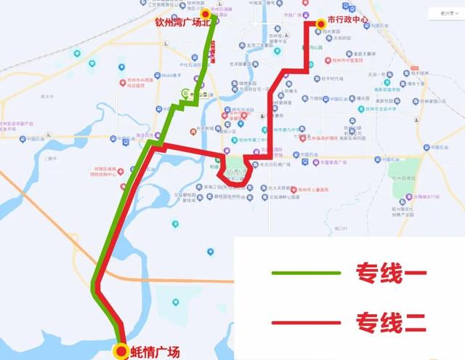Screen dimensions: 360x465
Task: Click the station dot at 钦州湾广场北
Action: (x=206, y=14)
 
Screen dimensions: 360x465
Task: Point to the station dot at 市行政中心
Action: (x=320, y=23)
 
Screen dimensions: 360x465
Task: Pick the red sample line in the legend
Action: (x=306, y=321)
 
